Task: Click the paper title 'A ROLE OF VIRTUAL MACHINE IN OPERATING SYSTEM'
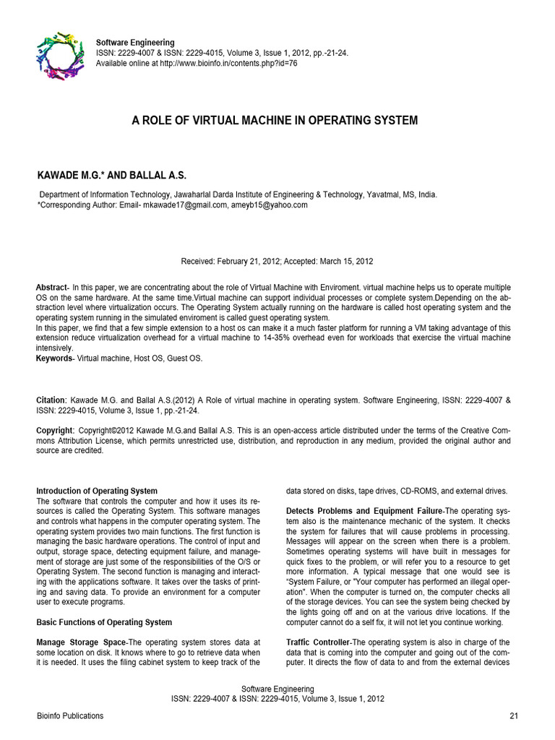point(275,121)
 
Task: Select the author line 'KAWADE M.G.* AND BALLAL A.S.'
point(111,176)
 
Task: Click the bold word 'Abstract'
point(51,288)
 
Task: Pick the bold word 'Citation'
point(51,399)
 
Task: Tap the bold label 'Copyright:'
point(55,430)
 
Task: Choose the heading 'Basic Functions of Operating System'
point(104,622)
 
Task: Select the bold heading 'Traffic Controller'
point(318,642)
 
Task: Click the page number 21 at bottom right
point(514,716)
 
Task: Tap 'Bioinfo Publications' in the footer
point(69,716)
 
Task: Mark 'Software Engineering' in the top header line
point(135,43)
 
